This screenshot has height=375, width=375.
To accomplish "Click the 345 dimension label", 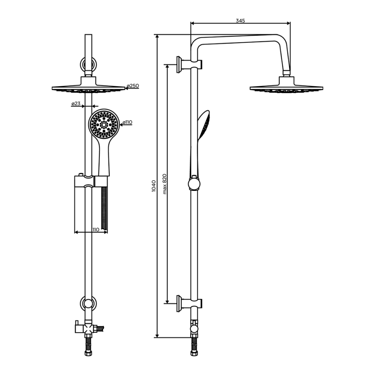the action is pos(240,21).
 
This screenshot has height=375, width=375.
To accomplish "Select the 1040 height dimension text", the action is pos(153,186).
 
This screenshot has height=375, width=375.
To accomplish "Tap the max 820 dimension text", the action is pos(165,184).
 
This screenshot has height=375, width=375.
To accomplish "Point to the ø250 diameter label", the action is pos(133,85).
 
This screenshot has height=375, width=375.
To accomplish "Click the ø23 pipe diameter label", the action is pos(76,103).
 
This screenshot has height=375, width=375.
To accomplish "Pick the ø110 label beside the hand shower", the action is pos(127,123).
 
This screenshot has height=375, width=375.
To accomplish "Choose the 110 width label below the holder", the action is pos(96,229).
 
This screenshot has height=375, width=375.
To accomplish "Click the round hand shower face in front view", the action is pos(104,124).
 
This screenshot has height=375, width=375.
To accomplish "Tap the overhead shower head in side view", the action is pos(286,85).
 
